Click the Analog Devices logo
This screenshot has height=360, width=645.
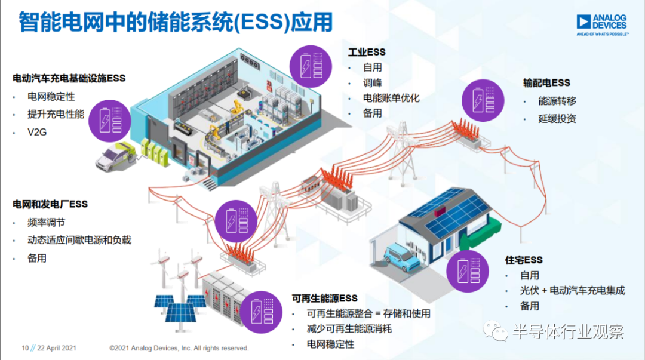click(603, 25)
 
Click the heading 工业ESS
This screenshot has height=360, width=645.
click(367, 53)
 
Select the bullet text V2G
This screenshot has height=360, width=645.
click(37, 132)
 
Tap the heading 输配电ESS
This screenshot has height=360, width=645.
click(546, 83)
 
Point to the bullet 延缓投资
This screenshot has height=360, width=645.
click(557, 119)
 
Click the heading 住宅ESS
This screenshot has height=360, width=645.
click(524, 260)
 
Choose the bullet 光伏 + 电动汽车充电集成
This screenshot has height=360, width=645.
click(572, 291)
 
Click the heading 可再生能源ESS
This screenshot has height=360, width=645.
click(324, 299)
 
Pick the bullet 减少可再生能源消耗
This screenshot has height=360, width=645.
click(349, 329)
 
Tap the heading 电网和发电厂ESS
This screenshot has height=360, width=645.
click(50, 204)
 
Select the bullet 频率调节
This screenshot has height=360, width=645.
click(46, 223)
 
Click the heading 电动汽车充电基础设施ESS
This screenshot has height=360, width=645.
click(69, 78)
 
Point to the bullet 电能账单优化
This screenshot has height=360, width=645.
click(391, 98)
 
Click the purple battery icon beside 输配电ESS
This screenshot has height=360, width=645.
click(483, 100)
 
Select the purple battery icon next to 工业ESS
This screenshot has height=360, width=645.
click(311, 66)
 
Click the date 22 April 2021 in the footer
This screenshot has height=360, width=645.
click(56, 348)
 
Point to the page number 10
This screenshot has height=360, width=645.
click(25, 348)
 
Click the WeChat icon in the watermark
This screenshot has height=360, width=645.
click(496, 330)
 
